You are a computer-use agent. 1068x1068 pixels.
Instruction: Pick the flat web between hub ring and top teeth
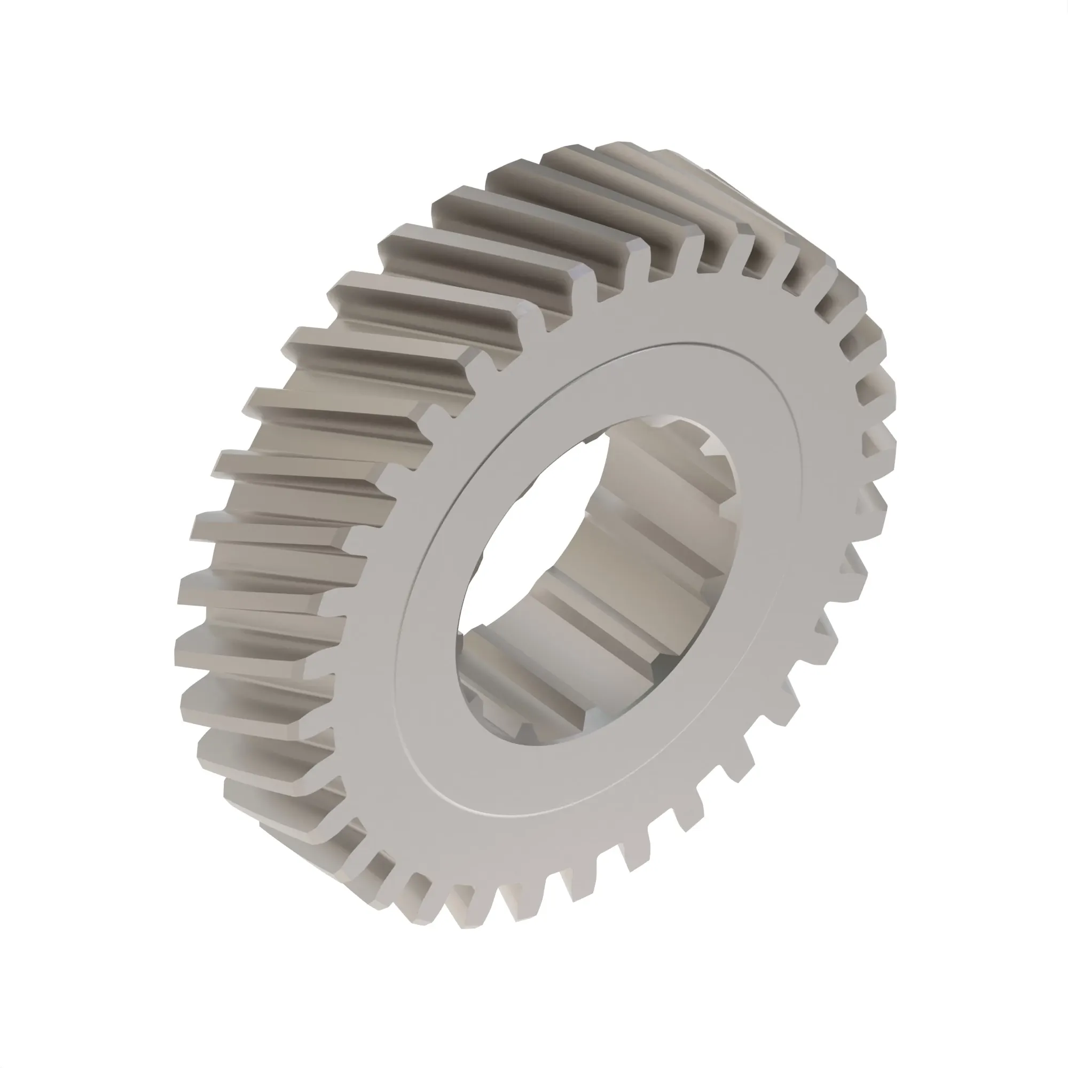(x=635, y=315)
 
